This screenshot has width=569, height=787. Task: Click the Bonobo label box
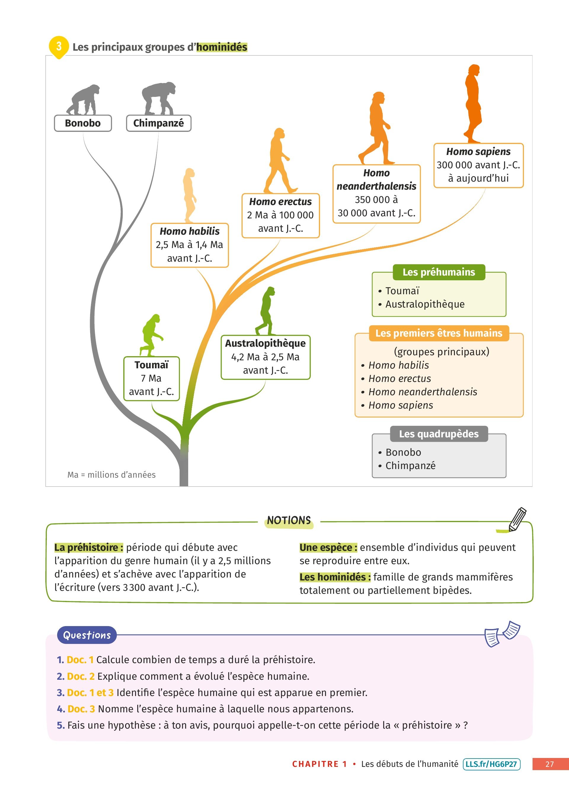(83, 123)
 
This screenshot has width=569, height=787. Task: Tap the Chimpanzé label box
(159, 123)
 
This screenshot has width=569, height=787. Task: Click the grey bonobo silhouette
(83, 100)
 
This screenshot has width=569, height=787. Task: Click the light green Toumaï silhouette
(151, 335)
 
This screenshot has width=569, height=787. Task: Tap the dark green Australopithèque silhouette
(266, 311)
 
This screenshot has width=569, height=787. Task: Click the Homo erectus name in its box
(280, 201)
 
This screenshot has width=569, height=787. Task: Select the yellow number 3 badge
(59, 46)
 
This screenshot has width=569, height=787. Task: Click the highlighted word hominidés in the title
(222, 47)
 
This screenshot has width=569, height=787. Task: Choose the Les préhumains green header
(439, 272)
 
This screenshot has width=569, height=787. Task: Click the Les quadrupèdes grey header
(439, 434)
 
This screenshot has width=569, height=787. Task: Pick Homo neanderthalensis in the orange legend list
(423, 392)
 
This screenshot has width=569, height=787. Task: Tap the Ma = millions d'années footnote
(111, 475)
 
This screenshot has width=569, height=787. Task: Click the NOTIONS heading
(289, 521)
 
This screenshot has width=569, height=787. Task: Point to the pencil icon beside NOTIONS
(517, 519)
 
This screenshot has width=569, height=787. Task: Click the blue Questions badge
(87, 635)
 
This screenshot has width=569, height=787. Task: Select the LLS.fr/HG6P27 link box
(491, 764)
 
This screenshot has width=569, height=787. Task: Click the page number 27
(549, 764)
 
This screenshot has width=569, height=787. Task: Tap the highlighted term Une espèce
(328, 548)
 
